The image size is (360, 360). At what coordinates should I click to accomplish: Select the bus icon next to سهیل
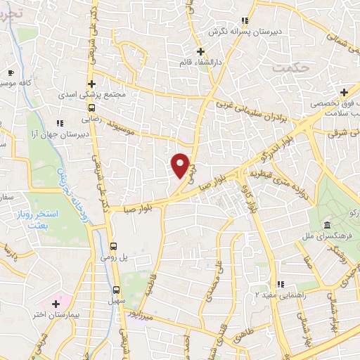pos(117,290)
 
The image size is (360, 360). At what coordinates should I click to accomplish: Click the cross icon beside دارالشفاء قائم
pos(201,51)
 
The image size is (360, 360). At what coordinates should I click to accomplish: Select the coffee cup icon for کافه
pos(11,72)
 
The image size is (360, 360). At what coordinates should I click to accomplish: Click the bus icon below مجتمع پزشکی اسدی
pos(91,107)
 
